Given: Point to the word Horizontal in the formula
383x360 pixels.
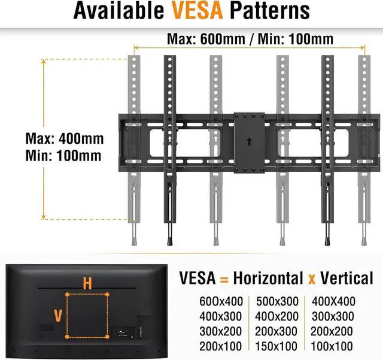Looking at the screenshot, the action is click(x=268, y=278).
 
